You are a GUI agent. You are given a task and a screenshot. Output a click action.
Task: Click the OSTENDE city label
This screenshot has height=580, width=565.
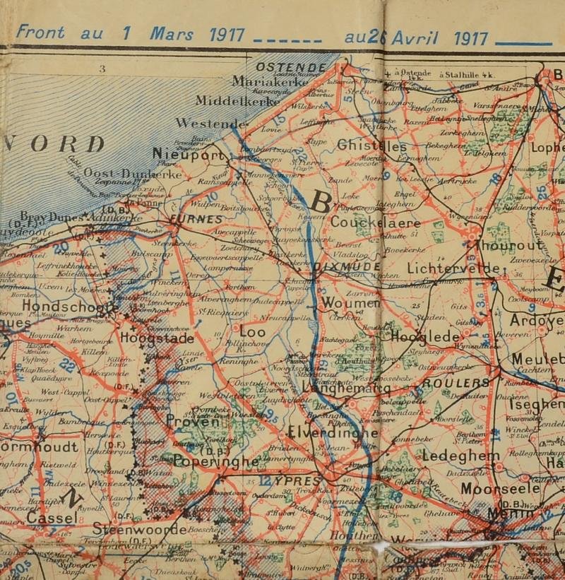tap(291, 66)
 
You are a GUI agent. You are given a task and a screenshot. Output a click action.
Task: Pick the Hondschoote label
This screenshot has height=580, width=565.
tap(70, 307)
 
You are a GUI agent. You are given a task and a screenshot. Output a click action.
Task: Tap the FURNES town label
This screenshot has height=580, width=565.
tap(195, 220)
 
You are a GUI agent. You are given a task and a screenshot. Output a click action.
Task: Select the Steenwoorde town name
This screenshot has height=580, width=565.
tap(140, 528)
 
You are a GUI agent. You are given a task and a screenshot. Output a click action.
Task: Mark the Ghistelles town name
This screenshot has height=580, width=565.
tap(372, 146)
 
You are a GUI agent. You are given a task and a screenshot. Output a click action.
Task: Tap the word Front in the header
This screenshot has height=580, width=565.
tap(41, 32)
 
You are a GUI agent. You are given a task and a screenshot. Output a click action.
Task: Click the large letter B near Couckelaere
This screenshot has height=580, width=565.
tap(320, 203)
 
